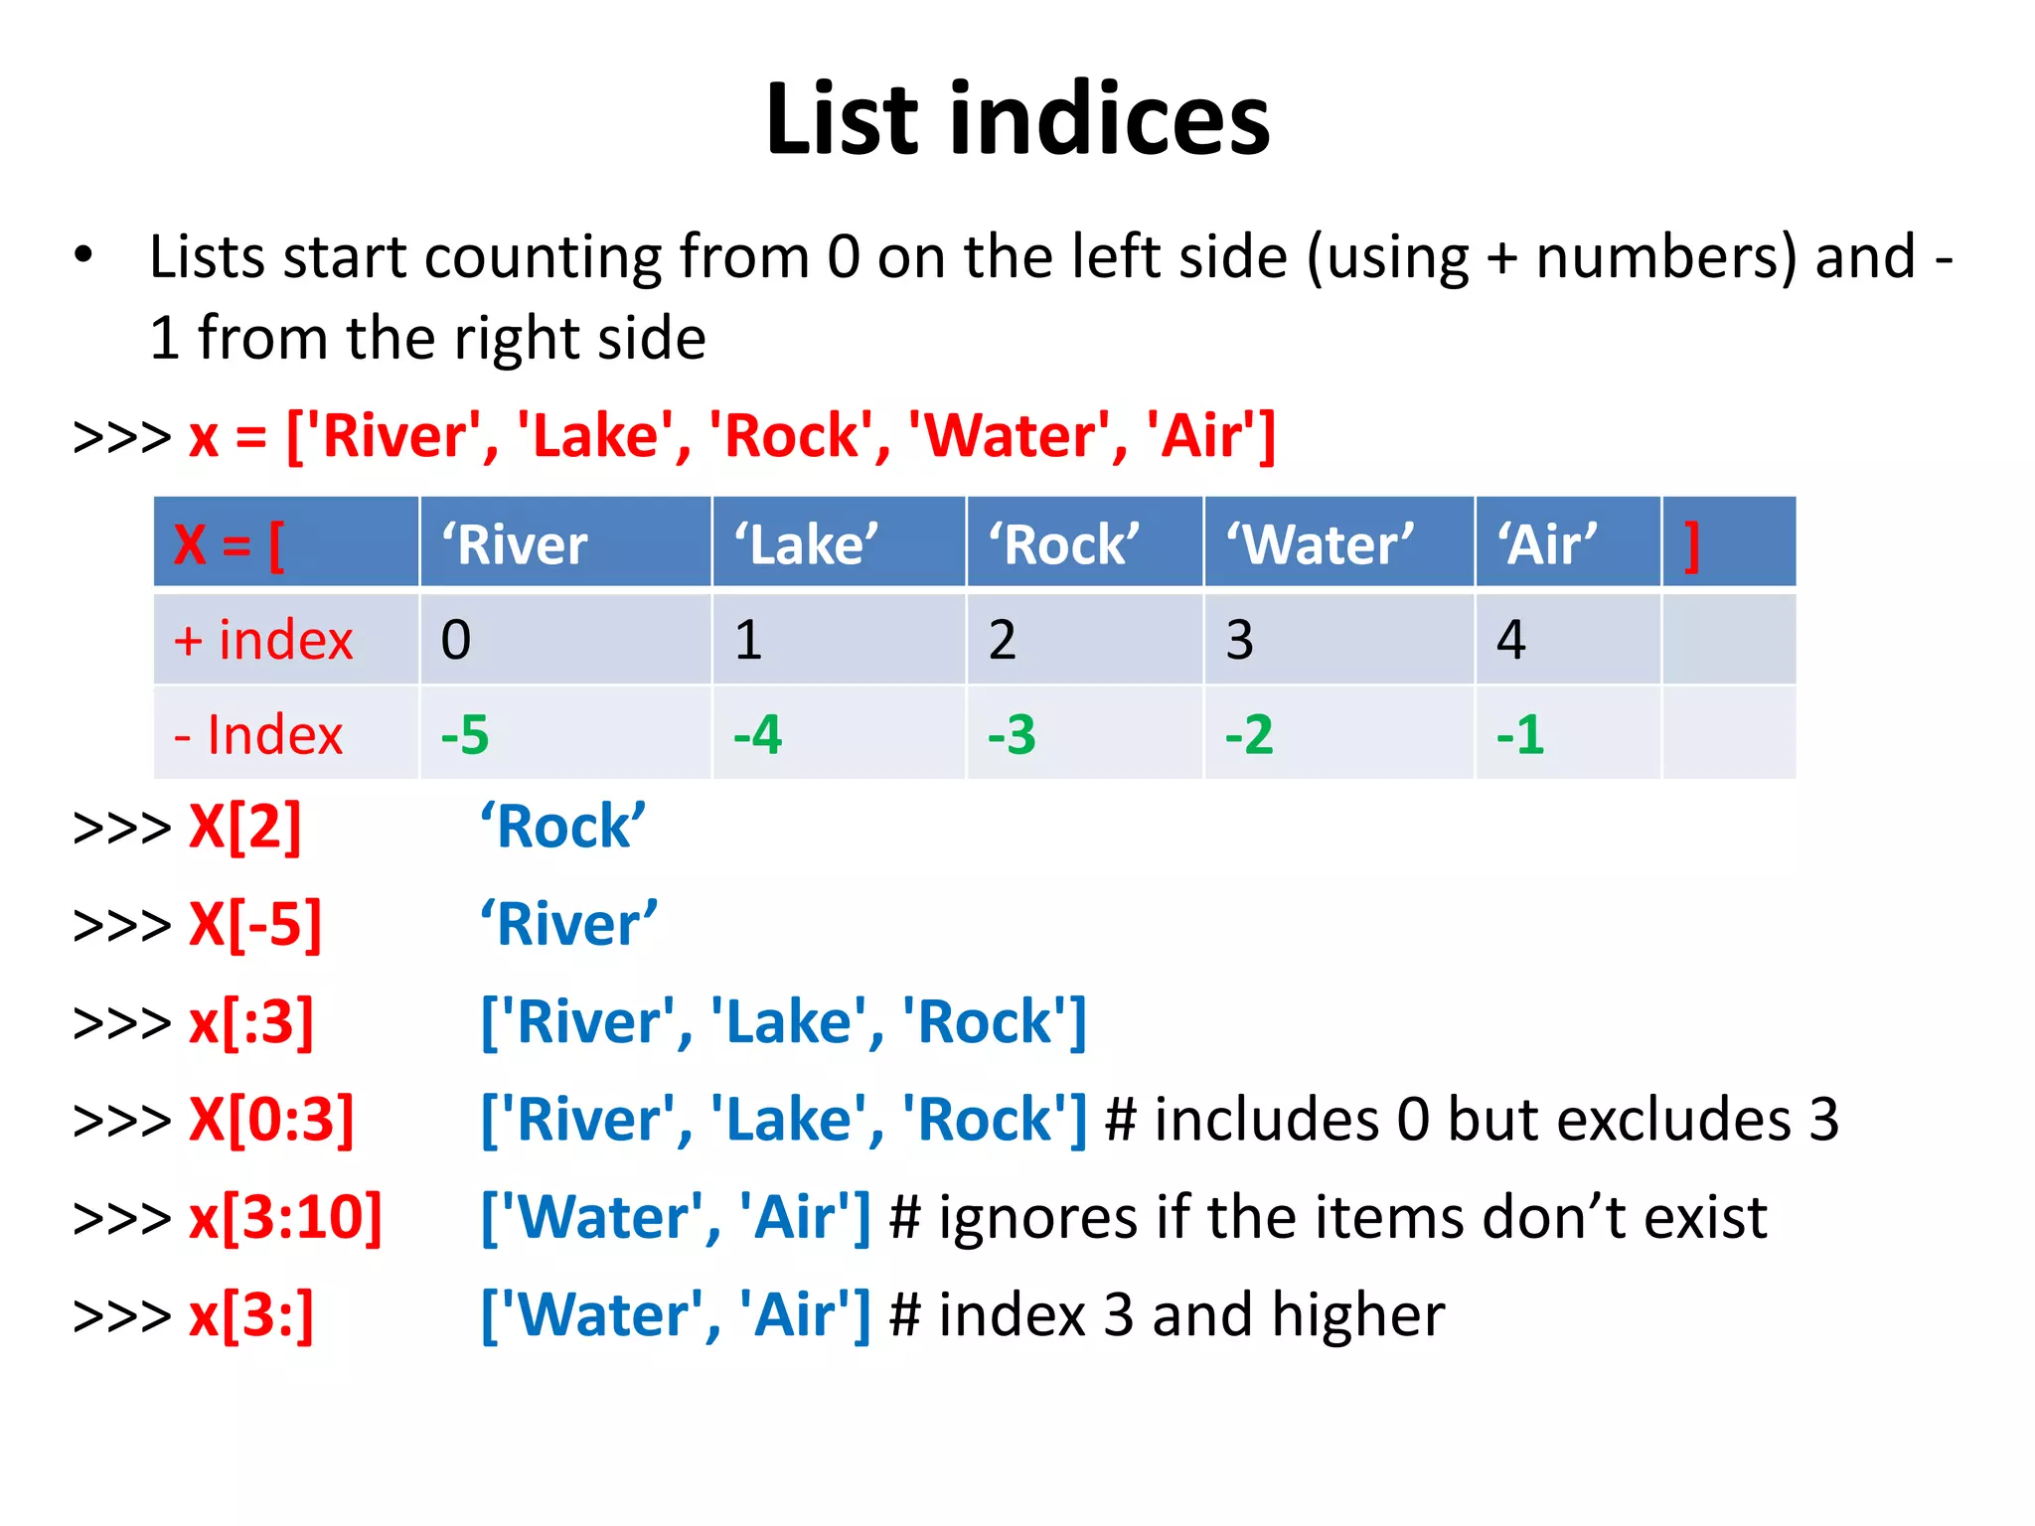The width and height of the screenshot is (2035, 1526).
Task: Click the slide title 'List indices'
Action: [1017, 119]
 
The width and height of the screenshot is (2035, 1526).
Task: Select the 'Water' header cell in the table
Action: [1320, 544]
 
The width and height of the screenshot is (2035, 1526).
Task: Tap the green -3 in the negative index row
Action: [1012, 735]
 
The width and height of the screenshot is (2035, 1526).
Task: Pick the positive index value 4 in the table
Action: [1511, 640]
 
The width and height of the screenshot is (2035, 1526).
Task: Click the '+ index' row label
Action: [263, 640]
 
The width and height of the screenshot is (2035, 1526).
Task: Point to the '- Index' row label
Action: [258, 735]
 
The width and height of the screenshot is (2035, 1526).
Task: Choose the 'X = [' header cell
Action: [230, 544]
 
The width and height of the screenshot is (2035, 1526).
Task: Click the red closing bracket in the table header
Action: [1692, 544]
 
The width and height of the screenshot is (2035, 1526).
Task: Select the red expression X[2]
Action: [245, 827]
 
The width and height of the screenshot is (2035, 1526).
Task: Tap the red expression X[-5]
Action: [255, 924]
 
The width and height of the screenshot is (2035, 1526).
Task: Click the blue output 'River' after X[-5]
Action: [568, 924]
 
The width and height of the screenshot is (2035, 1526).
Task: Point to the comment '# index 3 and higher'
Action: [1167, 1314]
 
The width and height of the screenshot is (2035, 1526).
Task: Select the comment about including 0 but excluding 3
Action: [1472, 1120]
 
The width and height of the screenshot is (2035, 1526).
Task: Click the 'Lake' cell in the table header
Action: [806, 544]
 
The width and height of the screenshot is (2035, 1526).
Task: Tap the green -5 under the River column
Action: [465, 735]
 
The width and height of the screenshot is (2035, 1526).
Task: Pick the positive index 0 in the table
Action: [456, 640]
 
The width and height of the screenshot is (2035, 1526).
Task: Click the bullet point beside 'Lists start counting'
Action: [83, 255]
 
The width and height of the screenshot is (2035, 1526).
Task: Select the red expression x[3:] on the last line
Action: [251, 1314]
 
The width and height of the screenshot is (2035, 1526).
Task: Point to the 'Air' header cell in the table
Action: [1547, 544]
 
